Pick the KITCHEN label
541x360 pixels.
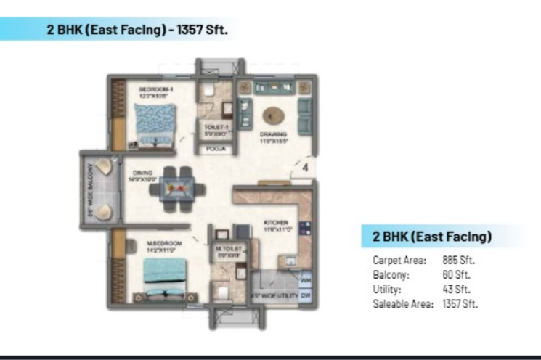(x=277, y=222)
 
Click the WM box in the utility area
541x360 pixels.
(x=305, y=277)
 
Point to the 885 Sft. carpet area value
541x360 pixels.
(x=459, y=259)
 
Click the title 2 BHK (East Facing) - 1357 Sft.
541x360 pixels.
(x=131, y=30)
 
